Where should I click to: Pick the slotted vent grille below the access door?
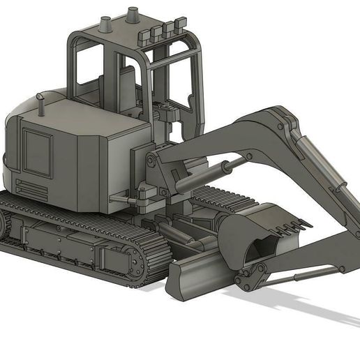[x=30, y=188]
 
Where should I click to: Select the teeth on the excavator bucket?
[x=293, y=225]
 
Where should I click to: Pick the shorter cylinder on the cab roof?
[x=106, y=24]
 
